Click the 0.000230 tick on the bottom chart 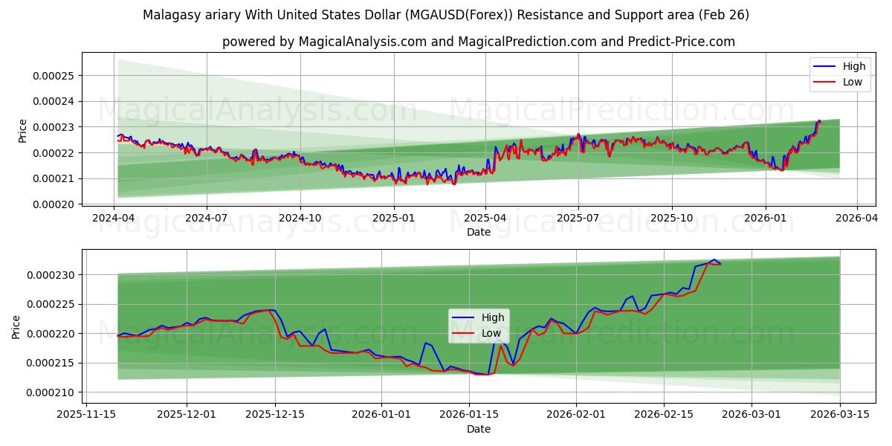click(x=54, y=275)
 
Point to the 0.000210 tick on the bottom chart click(x=54, y=392)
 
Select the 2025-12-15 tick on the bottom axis click(x=275, y=414)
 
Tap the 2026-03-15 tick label click(x=840, y=414)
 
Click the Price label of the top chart click(x=23, y=131)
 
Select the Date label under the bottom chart click(x=478, y=429)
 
